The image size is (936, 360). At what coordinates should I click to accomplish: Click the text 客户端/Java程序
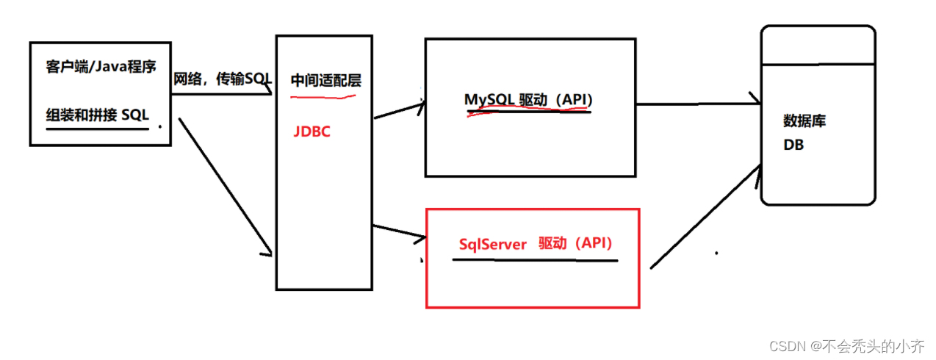pyautogui.click(x=101, y=68)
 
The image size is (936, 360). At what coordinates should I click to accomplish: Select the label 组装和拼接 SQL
pyautogui.click(x=98, y=115)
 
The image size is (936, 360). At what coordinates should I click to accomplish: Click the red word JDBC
pyautogui.click(x=312, y=132)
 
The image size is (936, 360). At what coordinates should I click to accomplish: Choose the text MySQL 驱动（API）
pyautogui.click(x=528, y=99)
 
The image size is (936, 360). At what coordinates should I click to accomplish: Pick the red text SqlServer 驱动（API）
pyautogui.click(x=536, y=243)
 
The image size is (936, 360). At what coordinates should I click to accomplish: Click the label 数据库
pyautogui.click(x=804, y=120)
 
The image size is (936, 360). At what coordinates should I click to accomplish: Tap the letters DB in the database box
pyautogui.click(x=793, y=145)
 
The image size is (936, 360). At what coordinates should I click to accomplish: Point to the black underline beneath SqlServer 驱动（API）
pyautogui.click(x=535, y=259)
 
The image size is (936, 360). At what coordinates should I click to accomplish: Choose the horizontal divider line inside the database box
pyautogui.click(x=818, y=65)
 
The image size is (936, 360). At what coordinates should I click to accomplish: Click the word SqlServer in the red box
pyautogui.click(x=493, y=244)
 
